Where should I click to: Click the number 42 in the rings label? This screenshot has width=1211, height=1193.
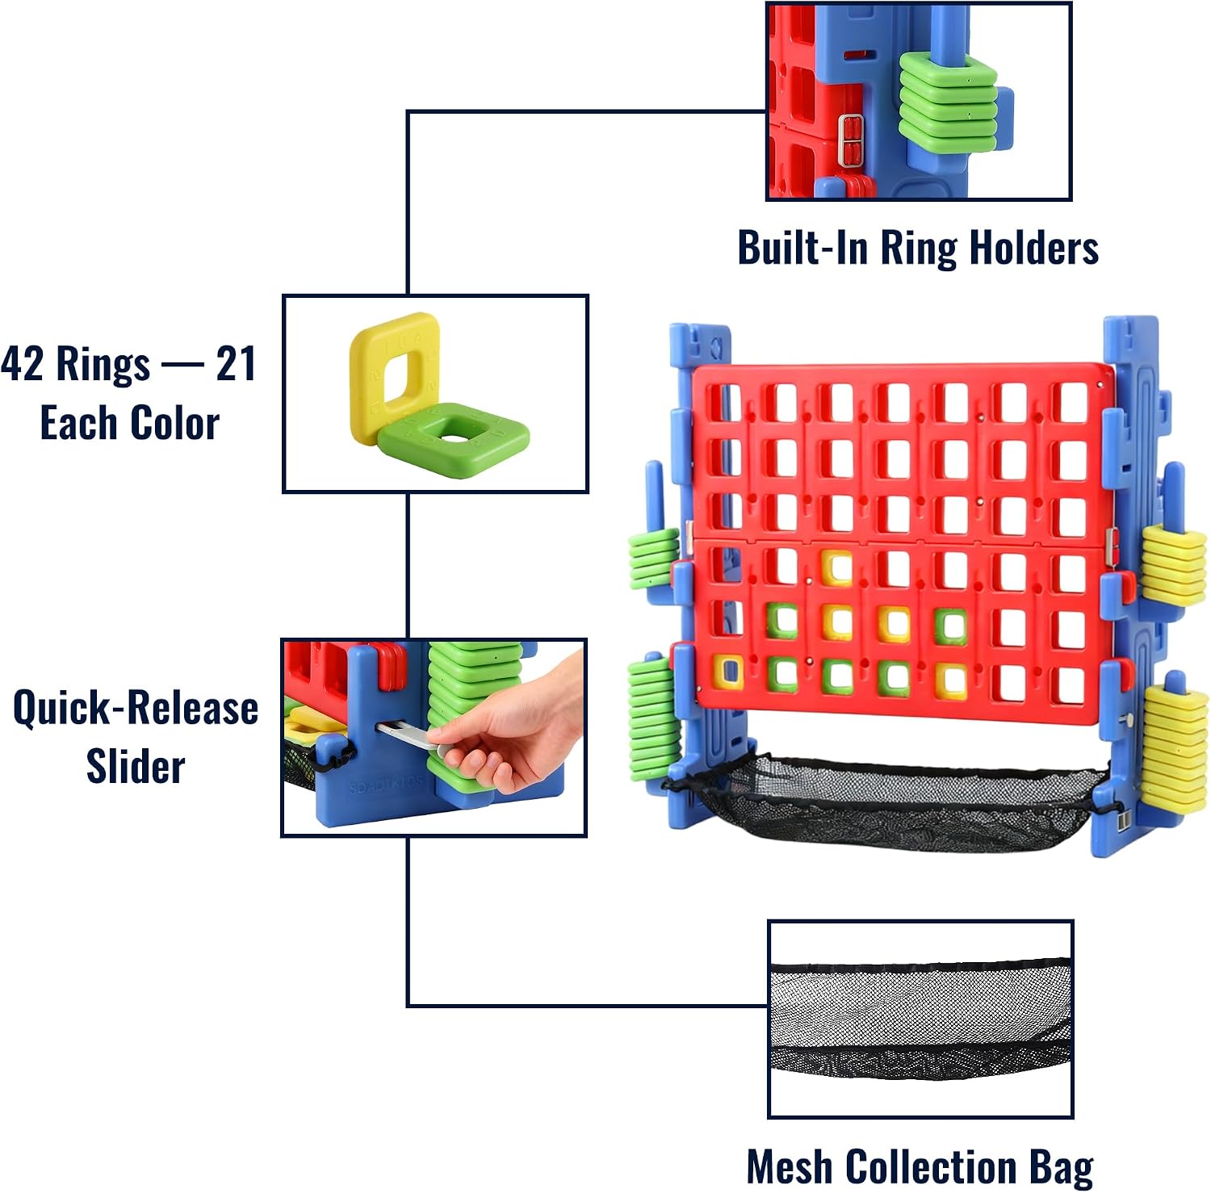tap(22, 363)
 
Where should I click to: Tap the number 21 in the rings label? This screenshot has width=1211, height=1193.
tap(237, 363)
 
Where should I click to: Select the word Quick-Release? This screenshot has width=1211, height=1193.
tap(136, 708)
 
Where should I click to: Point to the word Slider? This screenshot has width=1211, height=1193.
tap(136, 766)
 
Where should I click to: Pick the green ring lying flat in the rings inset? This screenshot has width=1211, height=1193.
tap(455, 440)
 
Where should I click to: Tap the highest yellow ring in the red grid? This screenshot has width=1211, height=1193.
tap(836, 567)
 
